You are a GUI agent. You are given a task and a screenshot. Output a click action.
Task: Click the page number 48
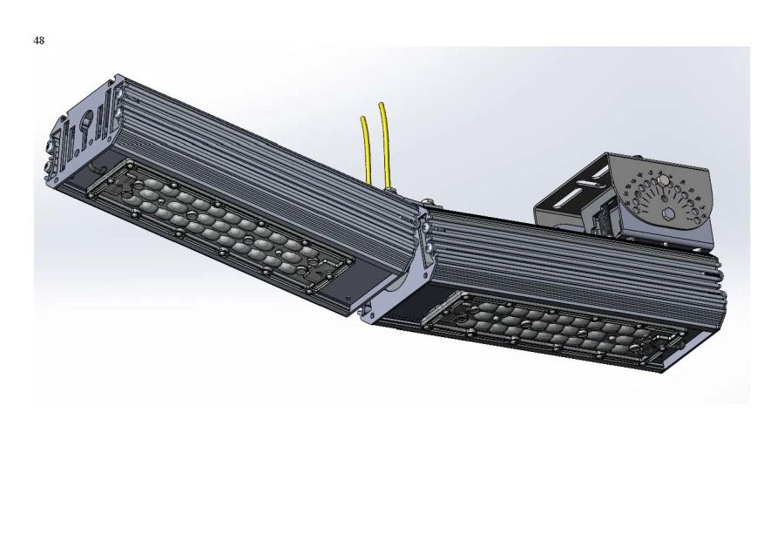(x=39, y=41)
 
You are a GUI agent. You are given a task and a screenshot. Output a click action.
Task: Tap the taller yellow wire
(x=384, y=139)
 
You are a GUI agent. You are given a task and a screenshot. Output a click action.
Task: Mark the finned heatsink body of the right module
(x=566, y=261)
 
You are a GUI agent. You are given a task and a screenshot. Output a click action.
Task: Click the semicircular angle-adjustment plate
(x=666, y=205)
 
